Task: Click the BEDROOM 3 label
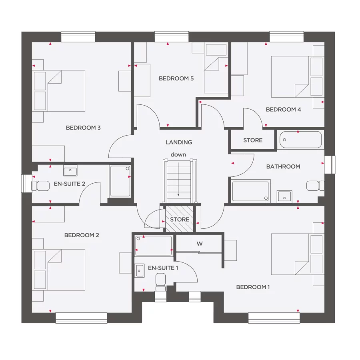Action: click(83, 128)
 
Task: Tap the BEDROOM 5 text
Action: click(176, 78)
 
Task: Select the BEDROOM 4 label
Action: click(283, 110)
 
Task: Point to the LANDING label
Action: click(179, 142)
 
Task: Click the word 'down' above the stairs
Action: click(178, 154)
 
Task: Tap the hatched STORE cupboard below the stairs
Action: click(180, 219)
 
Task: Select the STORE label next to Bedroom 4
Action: click(253, 140)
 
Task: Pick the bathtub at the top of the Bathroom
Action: click(300, 140)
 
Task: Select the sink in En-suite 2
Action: click(70, 172)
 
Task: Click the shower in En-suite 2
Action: click(120, 181)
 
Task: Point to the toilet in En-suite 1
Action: click(161, 282)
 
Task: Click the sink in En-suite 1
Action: click(140, 270)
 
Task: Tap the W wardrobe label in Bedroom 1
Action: click(199, 243)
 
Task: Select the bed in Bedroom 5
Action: click(216, 74)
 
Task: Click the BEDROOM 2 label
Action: click(82, 235)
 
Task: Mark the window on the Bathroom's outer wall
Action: click(330, 164)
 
